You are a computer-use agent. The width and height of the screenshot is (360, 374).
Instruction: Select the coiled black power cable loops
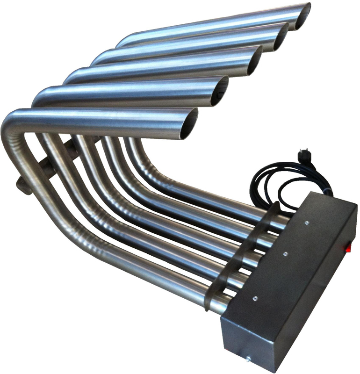tap(271, 180)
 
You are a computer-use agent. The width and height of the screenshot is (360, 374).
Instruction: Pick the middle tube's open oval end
tap(255, 61)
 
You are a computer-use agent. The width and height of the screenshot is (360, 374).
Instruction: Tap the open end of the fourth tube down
tap(220, 91)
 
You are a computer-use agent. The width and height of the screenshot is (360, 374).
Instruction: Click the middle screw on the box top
tap(285, 254)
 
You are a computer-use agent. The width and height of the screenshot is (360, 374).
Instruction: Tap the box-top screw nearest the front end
tap(255, 297)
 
